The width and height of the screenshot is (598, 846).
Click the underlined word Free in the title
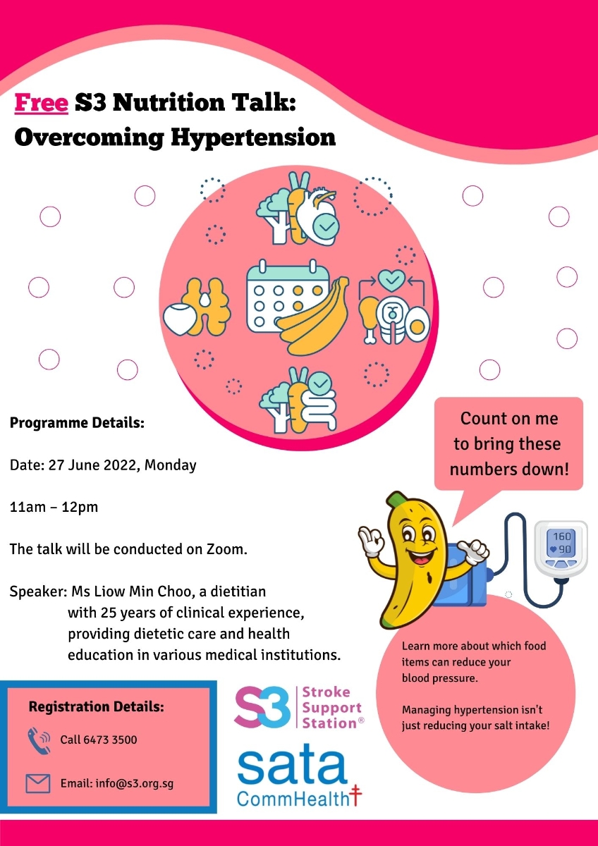tap(42, 102)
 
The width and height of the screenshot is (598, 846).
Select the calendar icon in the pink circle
tap(288, 297)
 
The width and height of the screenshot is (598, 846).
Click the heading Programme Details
tap(77, 423)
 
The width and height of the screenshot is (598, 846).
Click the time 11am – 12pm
tap(54, 507)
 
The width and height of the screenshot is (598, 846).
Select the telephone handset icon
tap(38, 741)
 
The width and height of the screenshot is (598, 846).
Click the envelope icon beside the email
tap(38, 783)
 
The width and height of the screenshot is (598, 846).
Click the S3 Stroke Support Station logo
tap(299, 707)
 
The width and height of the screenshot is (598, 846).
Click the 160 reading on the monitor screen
tap(562, 537)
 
